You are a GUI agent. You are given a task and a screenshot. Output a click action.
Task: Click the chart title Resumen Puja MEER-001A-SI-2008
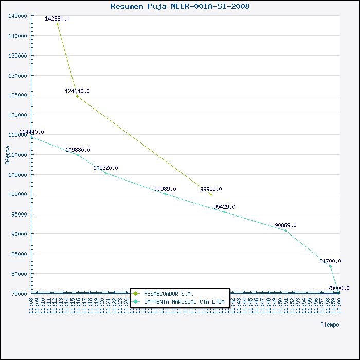coord(180,7)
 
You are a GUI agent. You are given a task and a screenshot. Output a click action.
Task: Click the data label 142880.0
coord(57,19)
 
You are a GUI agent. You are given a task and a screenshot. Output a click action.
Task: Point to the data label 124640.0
coord(77,91)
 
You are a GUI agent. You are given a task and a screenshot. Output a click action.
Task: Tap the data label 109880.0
coord(78,150)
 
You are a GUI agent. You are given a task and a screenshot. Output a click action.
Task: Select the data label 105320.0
coord(105,168)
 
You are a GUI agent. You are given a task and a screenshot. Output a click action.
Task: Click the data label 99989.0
coord(165,189)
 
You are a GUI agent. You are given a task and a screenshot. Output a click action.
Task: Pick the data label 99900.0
coord(211,189)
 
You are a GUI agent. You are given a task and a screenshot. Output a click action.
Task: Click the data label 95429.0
coord(224,207)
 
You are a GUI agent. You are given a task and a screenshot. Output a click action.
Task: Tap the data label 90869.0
coord(285,225)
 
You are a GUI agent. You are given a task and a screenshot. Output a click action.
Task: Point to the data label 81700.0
coord(330,261)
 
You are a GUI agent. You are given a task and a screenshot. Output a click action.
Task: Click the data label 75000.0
coord(338,288)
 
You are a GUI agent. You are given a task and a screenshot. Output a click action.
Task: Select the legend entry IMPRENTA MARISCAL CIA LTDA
coord(184,302)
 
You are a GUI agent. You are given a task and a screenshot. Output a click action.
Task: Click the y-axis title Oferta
coord(7,154)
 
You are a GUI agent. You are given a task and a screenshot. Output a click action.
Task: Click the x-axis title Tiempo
coord(330,325)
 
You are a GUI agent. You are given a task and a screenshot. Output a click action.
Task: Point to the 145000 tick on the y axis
coord(18,16)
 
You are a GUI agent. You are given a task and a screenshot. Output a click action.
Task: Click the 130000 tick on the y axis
coord(18,76)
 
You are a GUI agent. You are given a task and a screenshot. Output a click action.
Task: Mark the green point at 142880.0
coord(57,24)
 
